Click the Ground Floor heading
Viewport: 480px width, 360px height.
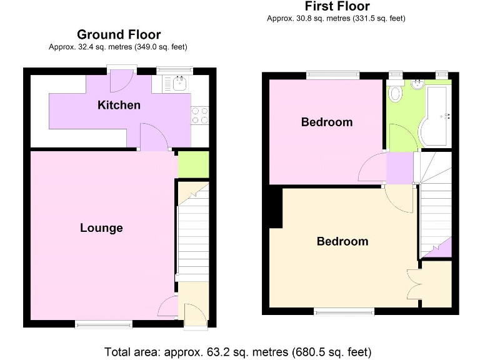click(x=119, y=34)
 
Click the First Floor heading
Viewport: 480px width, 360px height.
click(x=336, y=6)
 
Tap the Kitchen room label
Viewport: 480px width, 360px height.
click(x=119, y=105)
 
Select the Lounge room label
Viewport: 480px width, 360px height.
click(x=101, y=228)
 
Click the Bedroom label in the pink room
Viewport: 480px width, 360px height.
click(x=326, y=122)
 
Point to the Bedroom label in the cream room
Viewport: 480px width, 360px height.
click(x=342, y=241)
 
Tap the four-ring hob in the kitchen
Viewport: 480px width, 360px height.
click(x=200, y=115)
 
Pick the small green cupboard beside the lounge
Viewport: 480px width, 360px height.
click(x=185, y=165)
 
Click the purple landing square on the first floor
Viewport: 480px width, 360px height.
click(x=399, y=168)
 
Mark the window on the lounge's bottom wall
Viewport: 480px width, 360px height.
click(x=104, y=324)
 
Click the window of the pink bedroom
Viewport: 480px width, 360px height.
click(x=332, y=76)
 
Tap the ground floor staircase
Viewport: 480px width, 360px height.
click(x=192, y=231)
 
